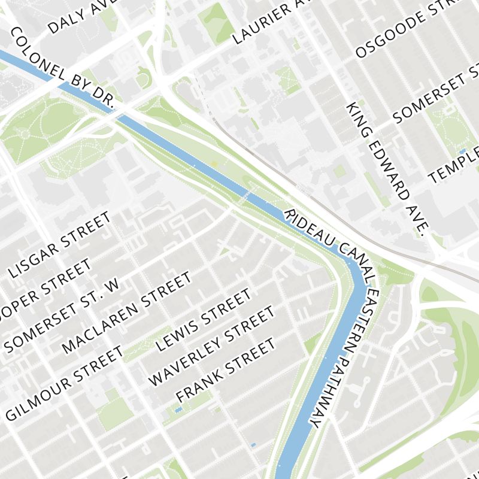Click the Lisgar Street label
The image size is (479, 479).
point(60,245)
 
